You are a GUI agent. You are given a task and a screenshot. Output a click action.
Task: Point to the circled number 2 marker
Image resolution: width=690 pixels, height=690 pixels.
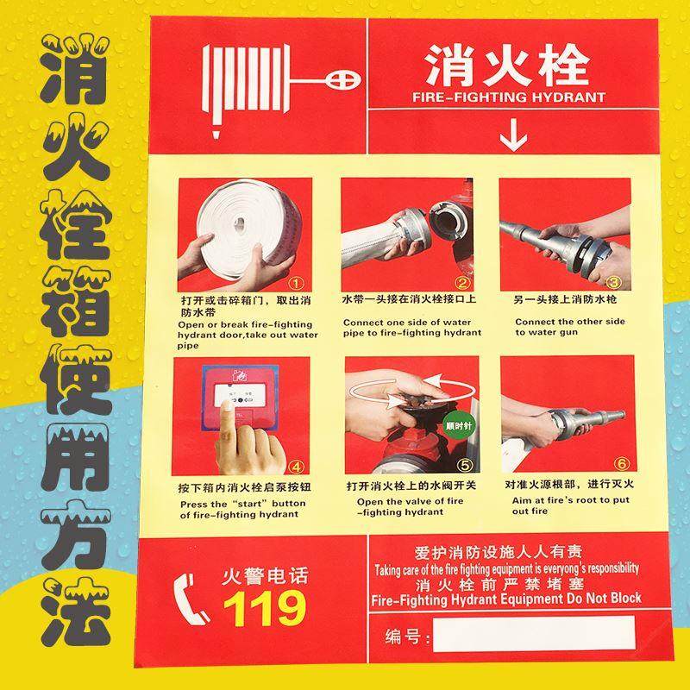462,281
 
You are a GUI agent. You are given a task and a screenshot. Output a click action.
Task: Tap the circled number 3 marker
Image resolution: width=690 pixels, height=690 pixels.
613,281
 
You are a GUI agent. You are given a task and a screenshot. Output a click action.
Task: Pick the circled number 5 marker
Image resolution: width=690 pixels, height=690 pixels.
462,466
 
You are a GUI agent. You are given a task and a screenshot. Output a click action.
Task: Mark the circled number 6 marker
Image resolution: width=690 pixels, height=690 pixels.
614,466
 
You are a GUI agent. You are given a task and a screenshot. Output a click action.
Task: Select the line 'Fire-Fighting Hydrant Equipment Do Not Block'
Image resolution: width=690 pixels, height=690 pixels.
505,599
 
